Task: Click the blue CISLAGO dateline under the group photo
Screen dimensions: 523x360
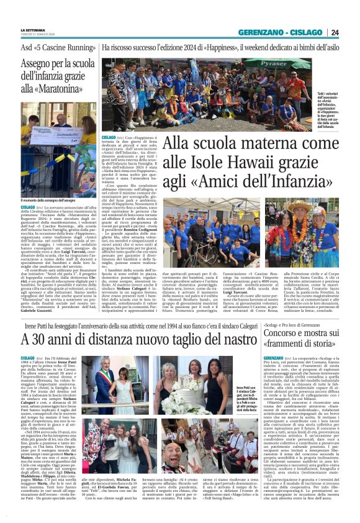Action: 109,137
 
